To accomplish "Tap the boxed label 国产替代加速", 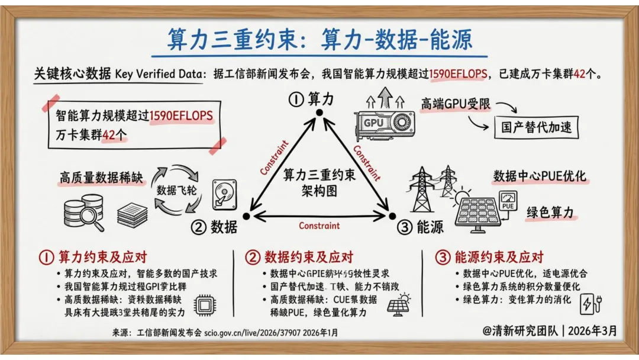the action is click(536, 127).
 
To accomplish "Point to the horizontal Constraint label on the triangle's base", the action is click(319, 226).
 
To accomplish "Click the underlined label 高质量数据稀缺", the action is click(102, 178).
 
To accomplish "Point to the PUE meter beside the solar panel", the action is click(508, 201).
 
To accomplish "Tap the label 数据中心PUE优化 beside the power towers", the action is click(539, 176).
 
